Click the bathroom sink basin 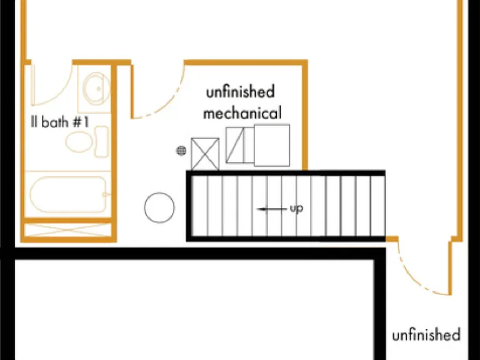click(x=97, y=89)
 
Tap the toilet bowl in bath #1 click(x=79, y=142)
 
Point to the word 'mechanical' click(x=242, y=113)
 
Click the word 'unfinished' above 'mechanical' click(x=240, y=92)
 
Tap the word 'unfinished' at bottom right click(x=426, y=334)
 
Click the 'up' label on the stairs click(x=296, y=209)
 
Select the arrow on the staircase click(x=272, y=209)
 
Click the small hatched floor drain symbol click(x=181, y=150)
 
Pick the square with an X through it click(x=205, y=154)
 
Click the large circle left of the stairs click(x=159, y=207)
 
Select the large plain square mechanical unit click(x=272, y=146)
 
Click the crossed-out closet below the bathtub click(x=67, y=230)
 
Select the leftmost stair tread click(x=200, y=206)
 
